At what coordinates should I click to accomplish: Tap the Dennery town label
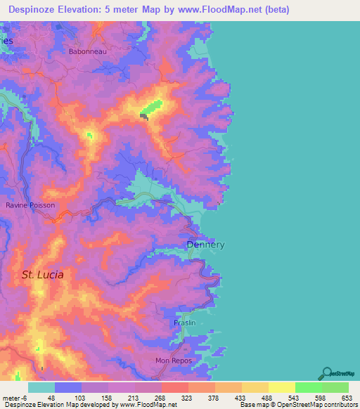[206, 245]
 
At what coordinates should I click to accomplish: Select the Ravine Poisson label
[30, 205]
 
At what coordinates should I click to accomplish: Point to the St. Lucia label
[42, 275]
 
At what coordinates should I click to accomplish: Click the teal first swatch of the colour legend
[41, 387]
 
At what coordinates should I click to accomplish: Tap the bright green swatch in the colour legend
[309, 387]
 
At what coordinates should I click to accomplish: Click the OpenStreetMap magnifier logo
[327, 373]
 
